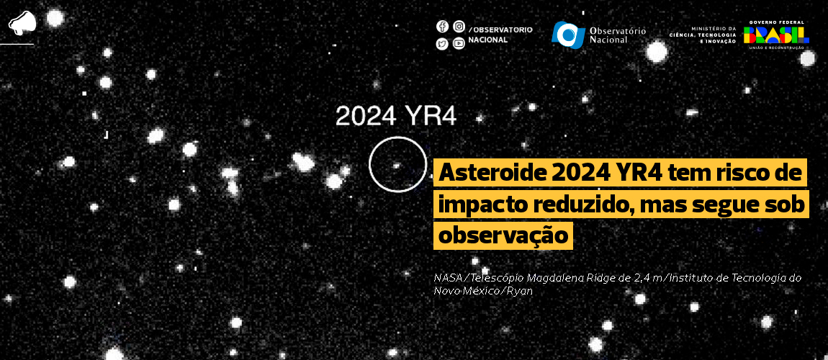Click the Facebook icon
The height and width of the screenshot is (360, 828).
(442, 27)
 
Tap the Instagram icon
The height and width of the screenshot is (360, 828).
(459, 27)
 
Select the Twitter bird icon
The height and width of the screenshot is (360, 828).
(442, 44)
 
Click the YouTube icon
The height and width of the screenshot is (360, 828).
(459, 44)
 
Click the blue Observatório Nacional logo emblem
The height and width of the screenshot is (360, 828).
(568, 34)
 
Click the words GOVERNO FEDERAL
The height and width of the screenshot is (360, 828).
(778, 22)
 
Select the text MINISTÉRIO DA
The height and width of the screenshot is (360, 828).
(714, 29)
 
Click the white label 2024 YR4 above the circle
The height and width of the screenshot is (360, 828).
(396, 116)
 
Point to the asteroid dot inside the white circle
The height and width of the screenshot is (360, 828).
(396, 166)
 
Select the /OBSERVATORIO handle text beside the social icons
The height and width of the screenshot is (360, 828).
(500, 30)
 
